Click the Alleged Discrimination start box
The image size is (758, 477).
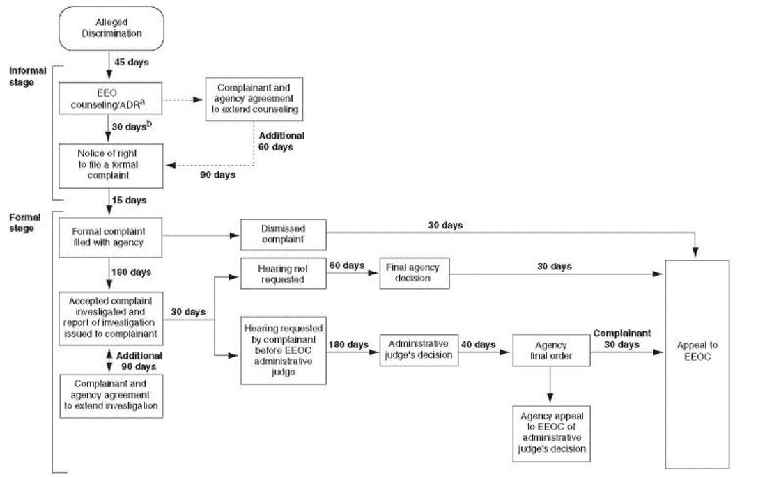click(111, 29)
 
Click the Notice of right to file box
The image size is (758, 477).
click(111, 165)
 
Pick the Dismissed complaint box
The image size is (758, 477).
click(283, 235)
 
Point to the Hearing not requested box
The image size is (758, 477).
click(283, 274)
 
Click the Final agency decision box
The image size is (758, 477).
click(415, 274)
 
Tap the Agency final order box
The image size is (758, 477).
click(551, 350)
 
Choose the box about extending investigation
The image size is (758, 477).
click(111, 396)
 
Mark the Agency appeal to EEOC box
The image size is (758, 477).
click(551, 432)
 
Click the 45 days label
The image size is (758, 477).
click(131, 63)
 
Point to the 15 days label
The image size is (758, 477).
click(130, 201)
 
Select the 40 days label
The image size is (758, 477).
click(479, 344)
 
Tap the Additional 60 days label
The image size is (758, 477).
click(281, 141)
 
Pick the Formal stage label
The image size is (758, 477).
click(25, 223)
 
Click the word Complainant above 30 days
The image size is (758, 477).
click(621, 333)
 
